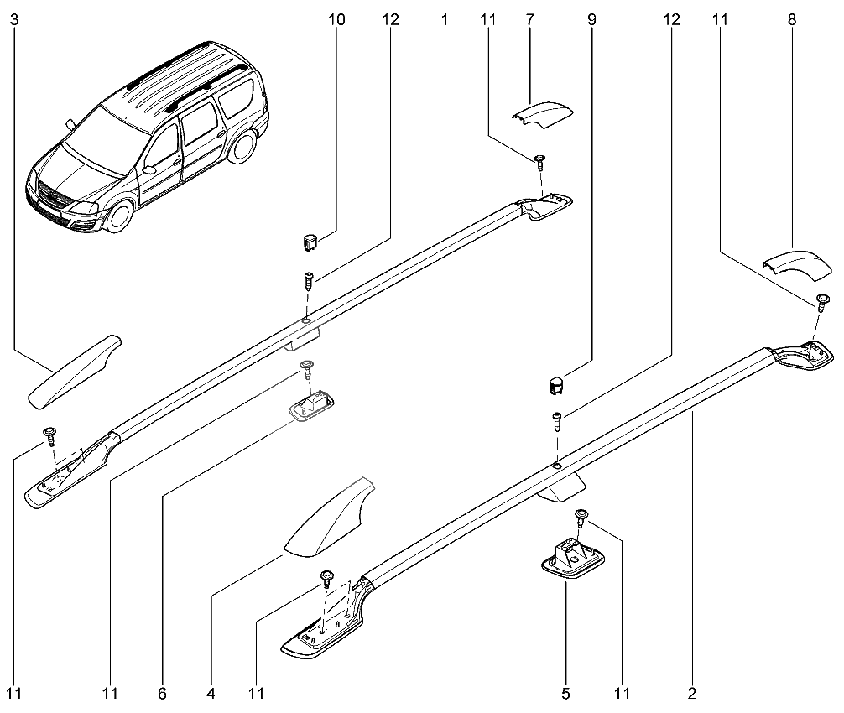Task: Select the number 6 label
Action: (x=162, y=694)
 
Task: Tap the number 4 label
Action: (x=211, y=694)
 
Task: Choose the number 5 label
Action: (x=565, y=694)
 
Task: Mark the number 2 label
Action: (x=692, y=694)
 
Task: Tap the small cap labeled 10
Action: (x=309, y=242)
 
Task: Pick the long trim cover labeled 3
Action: (x=76, y=371)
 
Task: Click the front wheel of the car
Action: (x=117, y=216)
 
